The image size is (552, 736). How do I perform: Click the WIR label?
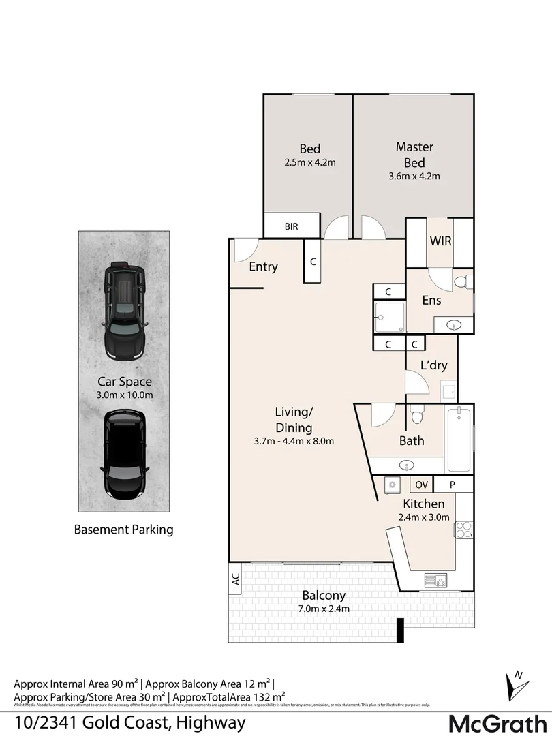pyautogui.click(x=440, y=241)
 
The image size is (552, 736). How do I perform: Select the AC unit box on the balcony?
pyautogui.click(x=236, y=579)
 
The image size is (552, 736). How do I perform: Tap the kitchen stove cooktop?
pyautogui.click(x=465, y=530)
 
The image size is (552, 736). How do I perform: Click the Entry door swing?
pyautogui.click(x=243, y=250)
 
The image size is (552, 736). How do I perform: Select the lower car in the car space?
pyautogui.click(x=124, y=455)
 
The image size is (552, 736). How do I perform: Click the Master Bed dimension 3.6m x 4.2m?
pyautogui.click(x=414, y=176)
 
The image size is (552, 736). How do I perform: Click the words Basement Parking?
pyautogui.click(x=123, y=529)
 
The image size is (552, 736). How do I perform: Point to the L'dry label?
pyautogui.click(x=434, y=365)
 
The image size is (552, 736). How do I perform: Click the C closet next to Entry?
pyautogui.click(x=312, y=261)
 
